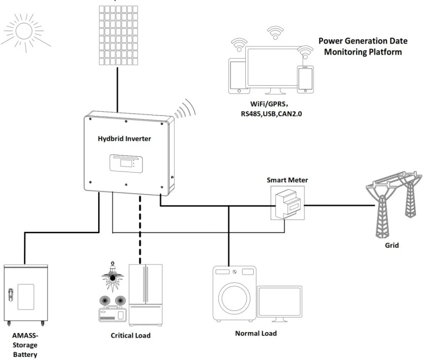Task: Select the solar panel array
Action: pyautogui.click(x=118, y=35)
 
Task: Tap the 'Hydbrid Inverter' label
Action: pyautogui.click(x=124, y=138)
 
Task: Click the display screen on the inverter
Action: pyautogui.click(x=126, y=163)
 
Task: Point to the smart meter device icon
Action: pyautogui.click(x=288, y=203)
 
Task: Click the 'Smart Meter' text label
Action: pyautogui.click(x=287, y=180)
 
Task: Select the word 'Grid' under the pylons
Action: pyautogui.click(x=392, y=245)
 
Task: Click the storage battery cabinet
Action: pyautogui.click(x=26, y=295)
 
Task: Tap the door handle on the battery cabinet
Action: pyautogui.click(x=11, y=295)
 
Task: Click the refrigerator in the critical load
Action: pyautogui.click(x=146, y=295)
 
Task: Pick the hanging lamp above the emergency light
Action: pyautogui.click(x=112, y=276)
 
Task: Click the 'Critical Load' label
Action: pyautogui.click(x=131, y=335)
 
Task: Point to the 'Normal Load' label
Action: pyautogui.click(x=256, y=333)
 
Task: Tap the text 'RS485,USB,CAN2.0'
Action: pyautogui.click(x=271, y=114)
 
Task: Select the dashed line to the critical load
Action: pyautogui.click(x=140, y=229)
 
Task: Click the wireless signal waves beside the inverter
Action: pyautogui.click(x=185, y=108)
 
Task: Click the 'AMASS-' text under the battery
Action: pyautogui.click(x=25, y=335)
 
